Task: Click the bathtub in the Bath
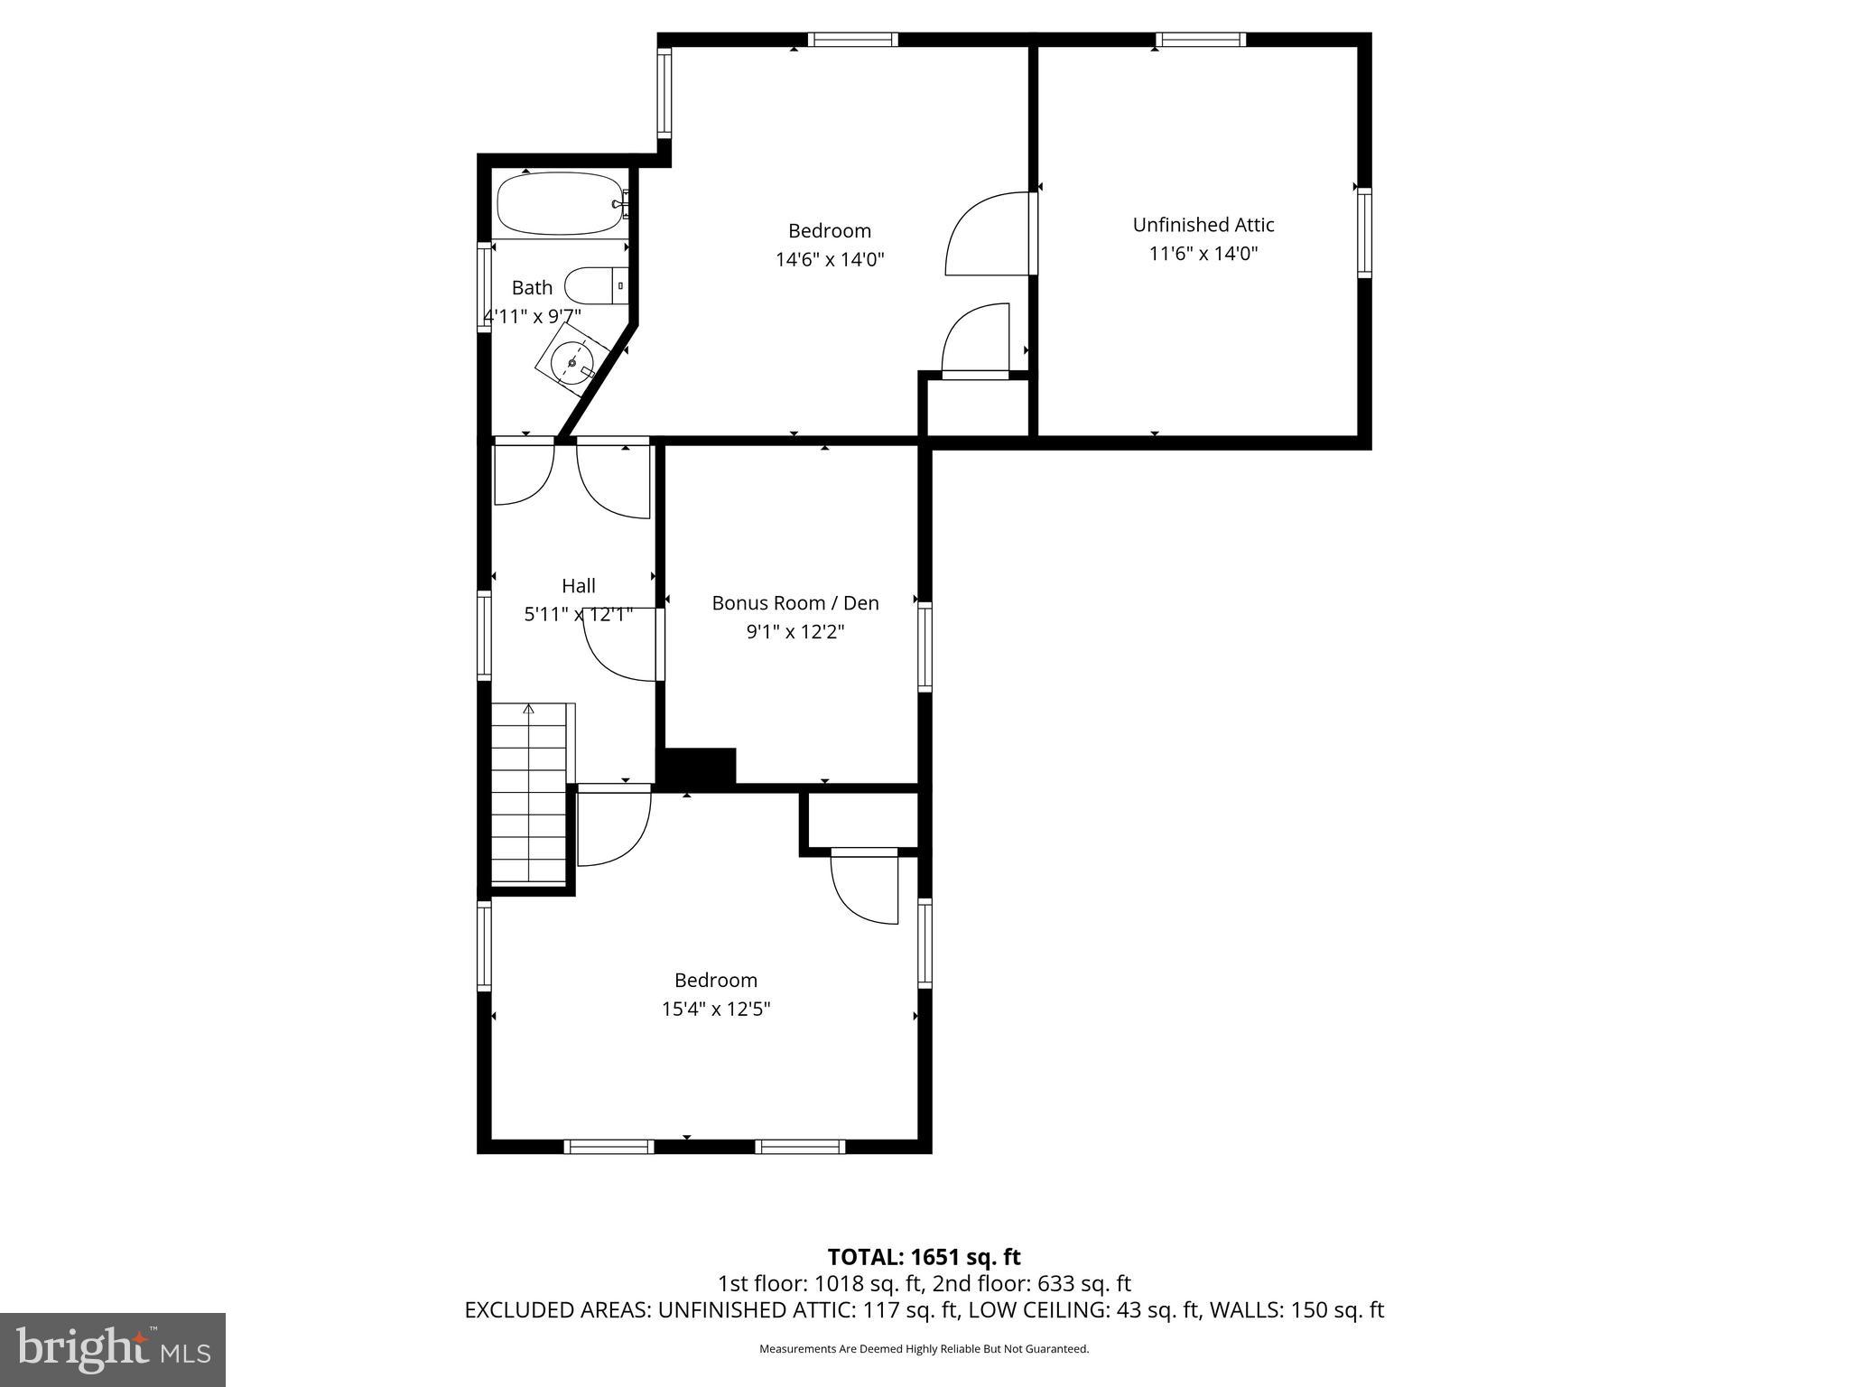point(560,204)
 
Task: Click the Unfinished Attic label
point(1203,225)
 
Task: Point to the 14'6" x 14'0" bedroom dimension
point(829,260)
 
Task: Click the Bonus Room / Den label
point(794,603)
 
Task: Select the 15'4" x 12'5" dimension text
point(715,1009)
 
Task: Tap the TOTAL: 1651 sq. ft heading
point(924,1257)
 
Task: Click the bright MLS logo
point(113,1349)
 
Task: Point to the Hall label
point(578,586)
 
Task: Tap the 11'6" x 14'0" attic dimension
point(1203,254)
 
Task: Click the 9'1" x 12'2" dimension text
point(794,632)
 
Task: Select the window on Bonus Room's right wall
point(924,647)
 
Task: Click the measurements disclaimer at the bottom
point(924,1349)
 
